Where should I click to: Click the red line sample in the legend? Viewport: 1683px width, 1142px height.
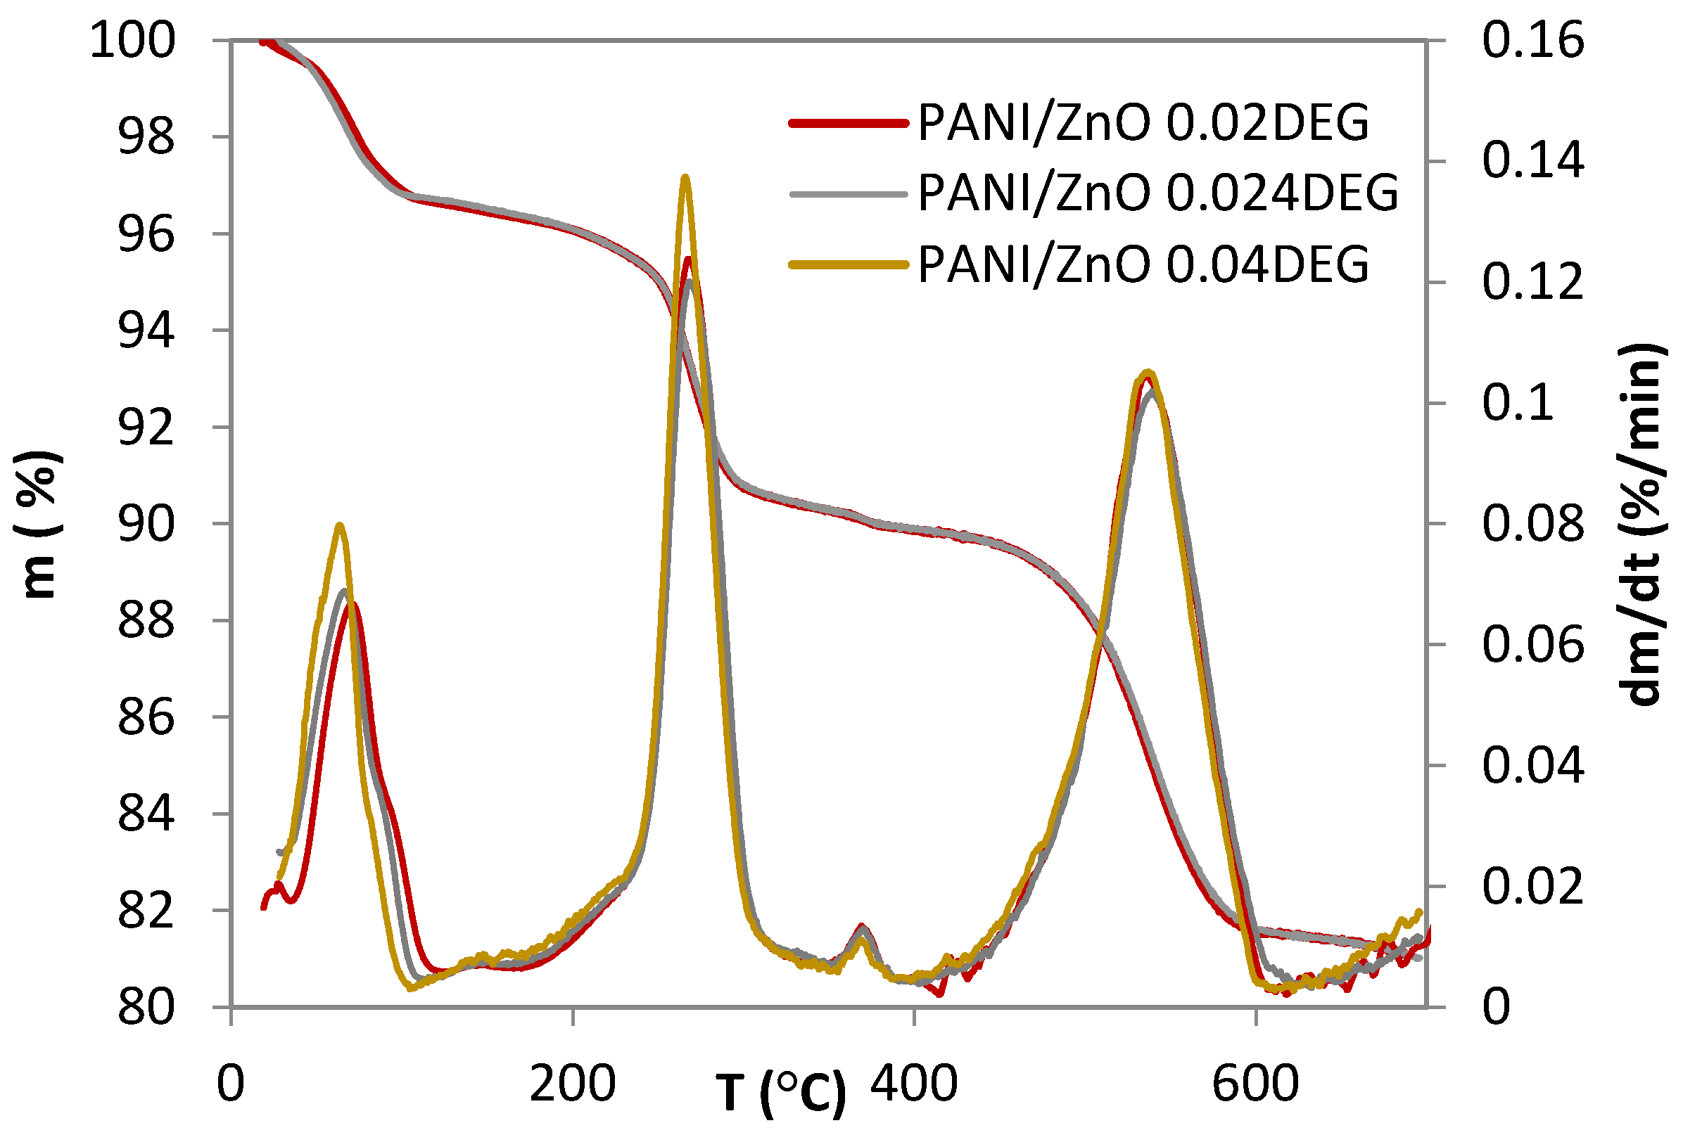pyautogui.click(x=847, y=123)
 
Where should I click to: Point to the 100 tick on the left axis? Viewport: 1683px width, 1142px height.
pyautogui.click(x=132, y=40)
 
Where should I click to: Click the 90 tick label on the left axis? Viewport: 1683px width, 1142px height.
pyautogui.click(x=146, y=524)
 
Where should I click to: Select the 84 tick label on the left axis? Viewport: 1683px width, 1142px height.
pyautogui.click(x=146, y=814)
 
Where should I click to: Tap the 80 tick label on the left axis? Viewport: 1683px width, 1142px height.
pyautogui.click(x=146, y=1007)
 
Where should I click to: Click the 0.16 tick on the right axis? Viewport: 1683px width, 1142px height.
pyautogui.click(x=1532, y=40)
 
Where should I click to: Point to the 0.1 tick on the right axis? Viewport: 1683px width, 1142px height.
pyautogui.click(x=1518, y=403)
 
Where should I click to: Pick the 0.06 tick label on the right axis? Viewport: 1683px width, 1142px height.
pyautogui.click(x=1532, y=645)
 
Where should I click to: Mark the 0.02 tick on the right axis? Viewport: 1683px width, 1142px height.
pyautogui.click(x=1532, y=887)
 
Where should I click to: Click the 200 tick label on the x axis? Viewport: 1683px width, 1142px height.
pyautogui.click(x=572, y=1084)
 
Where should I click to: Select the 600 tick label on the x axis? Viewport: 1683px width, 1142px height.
pyautogui.click(x=1255, y=1084)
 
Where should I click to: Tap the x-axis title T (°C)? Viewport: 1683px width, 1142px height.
pyautogui.click(x=781, y=1093)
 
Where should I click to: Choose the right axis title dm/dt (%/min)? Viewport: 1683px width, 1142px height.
pyautogui.click(x=1640, y=524)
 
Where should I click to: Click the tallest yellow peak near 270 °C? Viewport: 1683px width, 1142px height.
pyautogui.click(x=685, y=177)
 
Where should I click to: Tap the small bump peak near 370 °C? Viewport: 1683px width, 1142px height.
pyautogui.click(x=862, y=928)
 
